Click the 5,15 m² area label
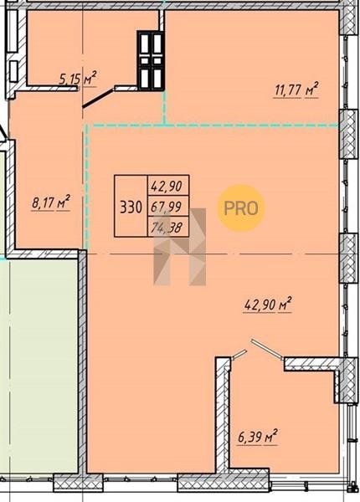click(78, 78)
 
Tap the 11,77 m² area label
click(296, 90)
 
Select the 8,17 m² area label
click(51, 203)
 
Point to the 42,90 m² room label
click(268, 305)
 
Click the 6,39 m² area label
click(258, 437)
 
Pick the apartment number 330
click(131, 207)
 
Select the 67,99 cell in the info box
click(168, 206)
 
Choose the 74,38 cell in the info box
click(168, 227)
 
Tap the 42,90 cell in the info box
click(168, 186)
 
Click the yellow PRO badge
click(241, 208)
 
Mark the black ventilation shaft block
click(152, 60)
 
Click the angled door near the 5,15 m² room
click(98, 98)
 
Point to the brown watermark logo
click(180, 247)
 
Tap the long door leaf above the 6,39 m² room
click(266, 350)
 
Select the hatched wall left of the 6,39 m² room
click(223, 413)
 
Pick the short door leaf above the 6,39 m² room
click(239, 355)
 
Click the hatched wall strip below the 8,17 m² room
click(42, 254)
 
